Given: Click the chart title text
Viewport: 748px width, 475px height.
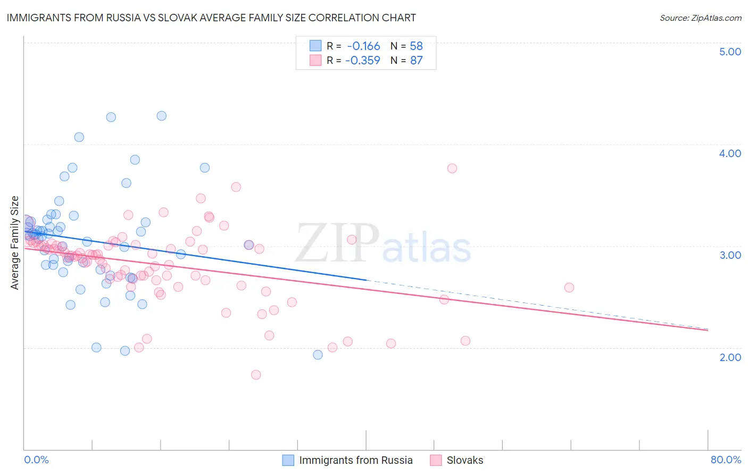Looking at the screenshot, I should [x=212, y=18].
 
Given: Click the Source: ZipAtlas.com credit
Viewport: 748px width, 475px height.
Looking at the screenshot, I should [x=700, y=18].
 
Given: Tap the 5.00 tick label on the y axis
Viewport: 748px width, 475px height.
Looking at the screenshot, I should [x=730, y=52].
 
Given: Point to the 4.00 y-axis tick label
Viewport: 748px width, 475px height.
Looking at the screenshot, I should [x=730, y=153].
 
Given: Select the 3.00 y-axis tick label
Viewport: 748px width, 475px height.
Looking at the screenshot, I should [x=730, y=255].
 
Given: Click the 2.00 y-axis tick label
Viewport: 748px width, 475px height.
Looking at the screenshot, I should [x=730, y=357].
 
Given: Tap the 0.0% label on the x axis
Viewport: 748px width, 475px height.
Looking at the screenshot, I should [x=36, y=460].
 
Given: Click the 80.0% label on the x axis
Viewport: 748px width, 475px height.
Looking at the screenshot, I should [x=726, y=460].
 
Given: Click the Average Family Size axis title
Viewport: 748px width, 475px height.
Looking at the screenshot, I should [x=15, y=243].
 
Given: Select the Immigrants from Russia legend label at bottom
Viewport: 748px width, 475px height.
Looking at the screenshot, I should [x=356, y=460].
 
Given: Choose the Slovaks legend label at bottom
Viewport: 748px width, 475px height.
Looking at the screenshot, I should [x=465, y=460].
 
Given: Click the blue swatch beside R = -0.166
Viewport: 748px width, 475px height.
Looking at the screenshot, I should [x=315, y=46].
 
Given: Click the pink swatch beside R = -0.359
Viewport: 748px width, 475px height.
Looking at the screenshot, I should [x=315, y=60].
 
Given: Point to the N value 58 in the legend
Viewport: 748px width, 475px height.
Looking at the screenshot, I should [x=416, y=46].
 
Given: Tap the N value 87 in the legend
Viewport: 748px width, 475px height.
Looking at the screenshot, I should [x=416, y=60].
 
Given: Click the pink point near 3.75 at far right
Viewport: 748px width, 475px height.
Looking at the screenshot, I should [x=452, y=168].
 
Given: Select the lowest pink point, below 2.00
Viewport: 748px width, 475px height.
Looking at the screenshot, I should [x=256, y=375].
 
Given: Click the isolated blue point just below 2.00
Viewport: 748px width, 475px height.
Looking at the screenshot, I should [x=318, y=355].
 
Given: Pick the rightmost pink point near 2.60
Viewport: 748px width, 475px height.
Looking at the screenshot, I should [x=569, y=288].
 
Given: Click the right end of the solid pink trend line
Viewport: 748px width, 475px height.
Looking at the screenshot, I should [x=708, y=330].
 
